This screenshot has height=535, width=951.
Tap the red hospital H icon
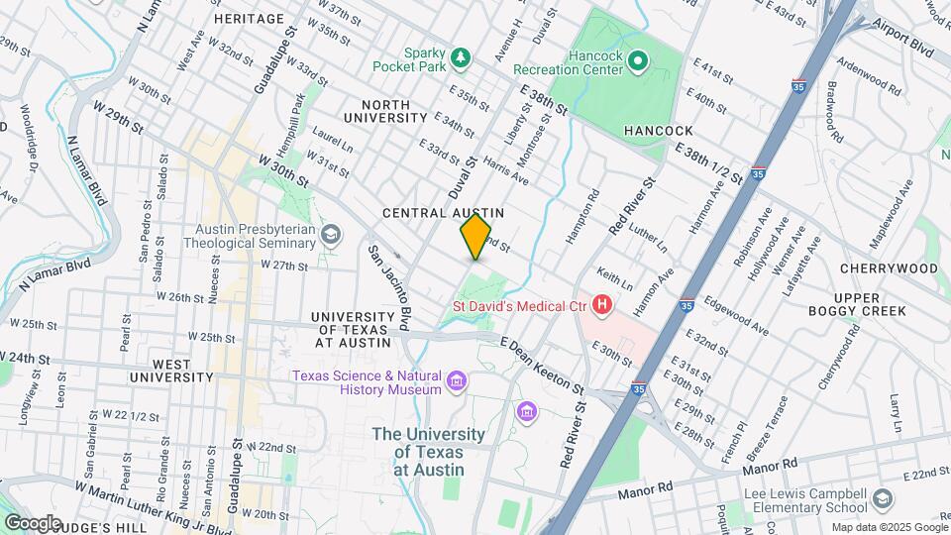point(600,304)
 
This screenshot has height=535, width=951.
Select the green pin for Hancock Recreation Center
point(639,63)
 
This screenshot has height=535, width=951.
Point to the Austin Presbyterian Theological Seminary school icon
point(331,236)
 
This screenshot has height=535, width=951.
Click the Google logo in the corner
point(33,522)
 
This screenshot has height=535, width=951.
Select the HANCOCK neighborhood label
point(658,131)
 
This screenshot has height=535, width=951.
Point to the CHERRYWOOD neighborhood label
point(888,268)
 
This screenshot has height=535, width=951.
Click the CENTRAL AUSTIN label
point(444,213)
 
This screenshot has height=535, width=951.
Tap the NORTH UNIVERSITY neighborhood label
point(386,111)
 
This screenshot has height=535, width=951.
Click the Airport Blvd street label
point(906,46)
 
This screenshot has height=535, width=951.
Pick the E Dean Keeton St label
point(544,363)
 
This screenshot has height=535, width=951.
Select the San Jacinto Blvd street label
point(390,287)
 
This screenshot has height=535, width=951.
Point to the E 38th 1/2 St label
point(709,161)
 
